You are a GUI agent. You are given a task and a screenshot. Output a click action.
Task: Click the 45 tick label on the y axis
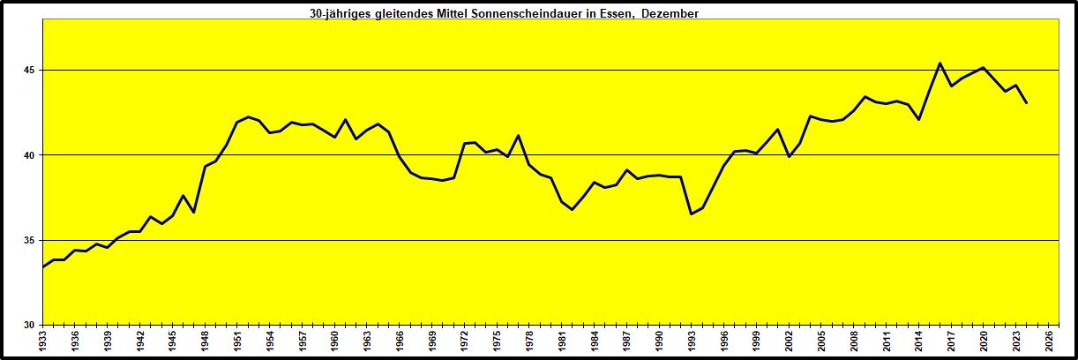(x=33, y=70)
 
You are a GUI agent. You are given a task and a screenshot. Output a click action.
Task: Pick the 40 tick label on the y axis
(x=33, y=155)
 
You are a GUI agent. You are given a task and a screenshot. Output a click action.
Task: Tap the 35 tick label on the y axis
(x=33, y=240)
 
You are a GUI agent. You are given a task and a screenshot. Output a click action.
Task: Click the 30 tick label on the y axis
(x=33, y=325)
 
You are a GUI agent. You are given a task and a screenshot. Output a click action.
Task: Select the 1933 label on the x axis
(x=43, y=341)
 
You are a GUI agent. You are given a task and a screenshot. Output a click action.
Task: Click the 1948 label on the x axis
(x=205, y=341)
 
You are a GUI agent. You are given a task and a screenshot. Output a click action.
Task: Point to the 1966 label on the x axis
(x=399, y=341)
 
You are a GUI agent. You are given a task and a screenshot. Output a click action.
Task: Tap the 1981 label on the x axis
(x=561, y=341)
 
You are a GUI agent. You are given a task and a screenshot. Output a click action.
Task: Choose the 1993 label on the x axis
(x=691, y=341)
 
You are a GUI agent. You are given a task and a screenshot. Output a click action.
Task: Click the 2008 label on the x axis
(x=853, y=341)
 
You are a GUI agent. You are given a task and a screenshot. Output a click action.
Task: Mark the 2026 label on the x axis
(x=1047, y=341)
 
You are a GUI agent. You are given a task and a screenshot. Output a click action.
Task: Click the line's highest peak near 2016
(x=940, y=63)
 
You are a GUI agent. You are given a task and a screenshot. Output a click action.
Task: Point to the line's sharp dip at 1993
(x=691, y=214)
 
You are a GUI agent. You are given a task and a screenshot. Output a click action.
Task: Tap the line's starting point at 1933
(x=43, y=266)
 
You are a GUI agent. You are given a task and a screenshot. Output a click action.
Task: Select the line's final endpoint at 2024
(x=1026, y=102)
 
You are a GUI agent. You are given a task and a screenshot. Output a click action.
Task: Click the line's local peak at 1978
(x=518, y=135)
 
